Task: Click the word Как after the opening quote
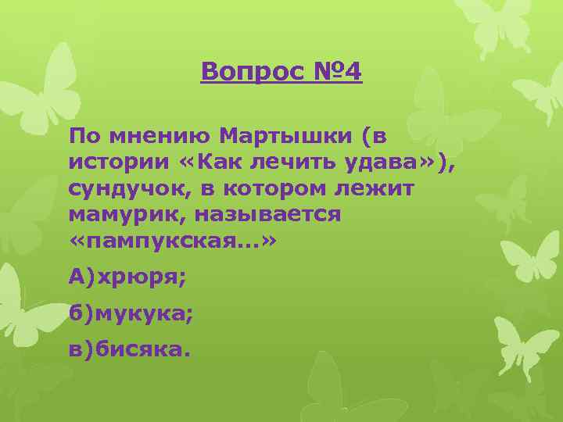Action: click(209, 163)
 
